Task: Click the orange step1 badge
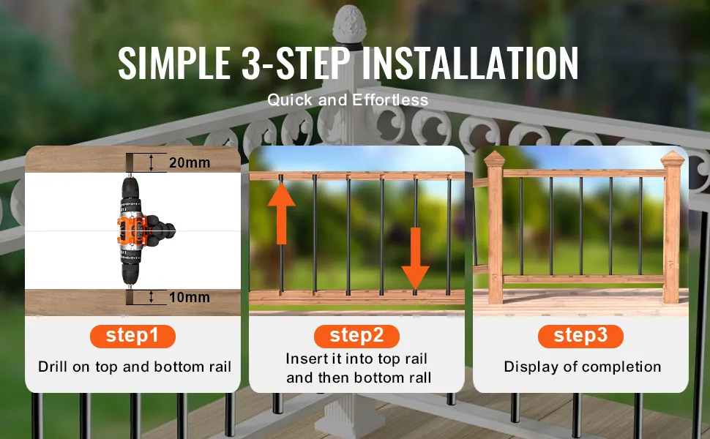(132, 337)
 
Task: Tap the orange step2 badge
(356, 337)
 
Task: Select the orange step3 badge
(580, 337)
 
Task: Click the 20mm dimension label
(190, 162)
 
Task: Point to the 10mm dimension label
(190, 297)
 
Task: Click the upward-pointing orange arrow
(282, 213)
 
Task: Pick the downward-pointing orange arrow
(415, 258)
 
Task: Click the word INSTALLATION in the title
(470, 63)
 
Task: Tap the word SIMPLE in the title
(174, 63)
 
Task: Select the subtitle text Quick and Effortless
(348, 100)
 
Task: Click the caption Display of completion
(583, 367)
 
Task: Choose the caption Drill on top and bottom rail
(135, 367)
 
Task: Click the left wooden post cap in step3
(494, 159)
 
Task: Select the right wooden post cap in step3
(672, 159)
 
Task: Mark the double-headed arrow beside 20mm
(152, 162)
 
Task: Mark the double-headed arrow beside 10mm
(152, 297)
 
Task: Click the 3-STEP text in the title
(296, 63)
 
